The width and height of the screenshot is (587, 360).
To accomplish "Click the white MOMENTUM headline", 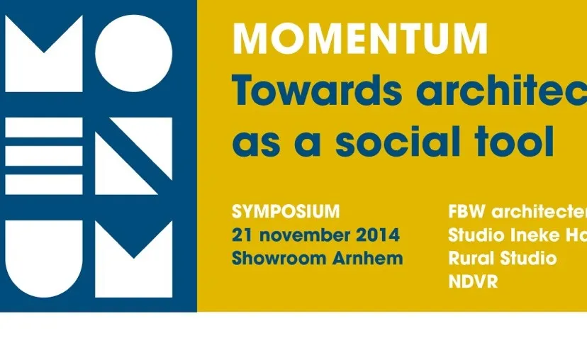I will [360, 40].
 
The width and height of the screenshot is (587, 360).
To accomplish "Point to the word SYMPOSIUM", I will [286, 211].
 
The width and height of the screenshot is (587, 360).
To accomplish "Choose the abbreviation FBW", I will [466, 211].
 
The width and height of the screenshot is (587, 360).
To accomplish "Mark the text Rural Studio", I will [502, 258].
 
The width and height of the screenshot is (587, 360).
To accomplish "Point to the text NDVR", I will [473, 281].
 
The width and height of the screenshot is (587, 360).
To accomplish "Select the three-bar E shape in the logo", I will [44, 156].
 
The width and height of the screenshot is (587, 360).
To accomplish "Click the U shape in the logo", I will [44, 259].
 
